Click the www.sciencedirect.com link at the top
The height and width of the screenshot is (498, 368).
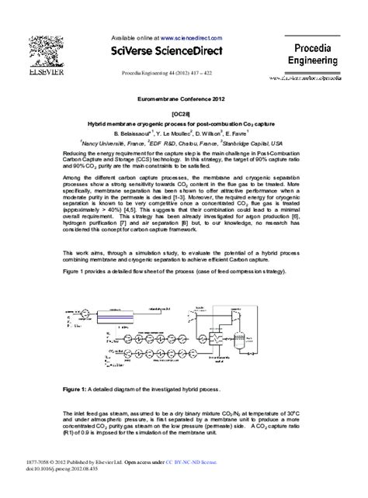(x=193, y=36)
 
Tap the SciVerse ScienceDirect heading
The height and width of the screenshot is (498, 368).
(x=173, y=50)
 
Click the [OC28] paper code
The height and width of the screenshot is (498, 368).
(x=183, y=113)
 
